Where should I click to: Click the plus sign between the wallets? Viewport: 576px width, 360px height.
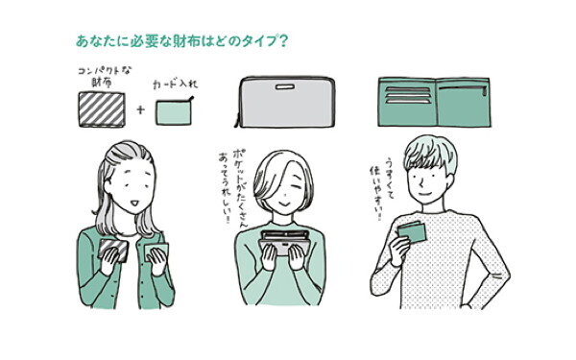click(141, 110)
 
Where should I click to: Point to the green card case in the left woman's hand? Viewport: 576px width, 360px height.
click(156, 254)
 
